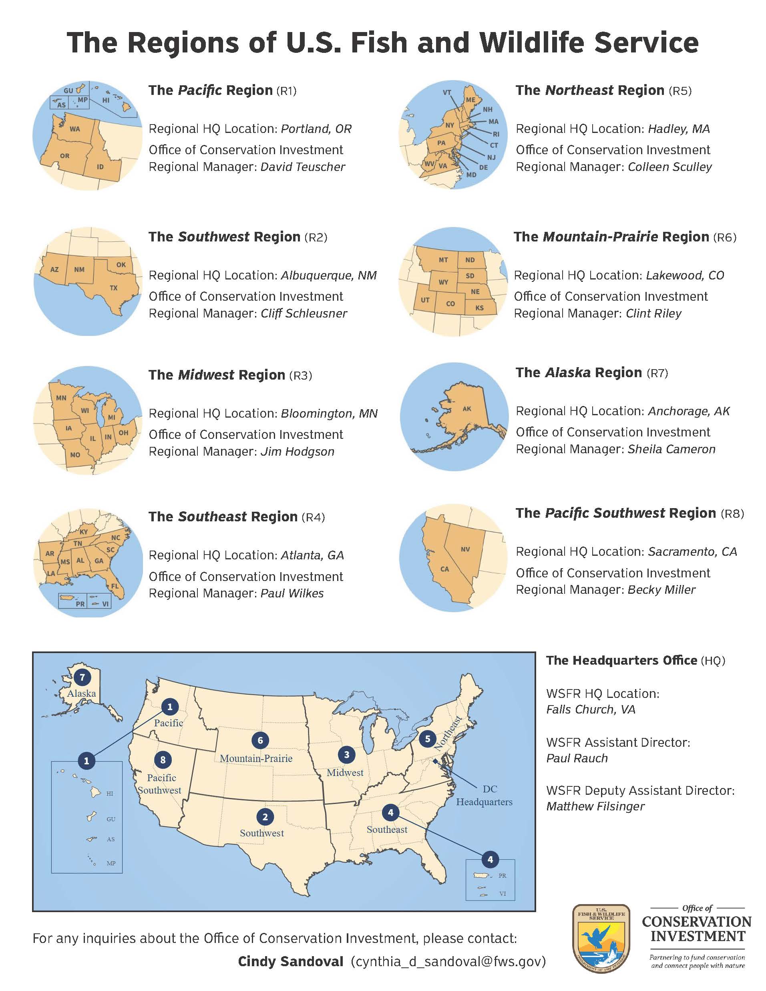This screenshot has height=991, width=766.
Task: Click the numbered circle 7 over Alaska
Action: [x=82, y=677]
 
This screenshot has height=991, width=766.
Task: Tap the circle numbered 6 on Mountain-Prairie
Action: [x=260, y=740]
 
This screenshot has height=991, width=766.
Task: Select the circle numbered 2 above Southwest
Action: [x=265, y=817]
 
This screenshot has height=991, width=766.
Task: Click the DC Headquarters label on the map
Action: [x=484, y=796]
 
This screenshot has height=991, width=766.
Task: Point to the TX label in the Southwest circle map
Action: [x=113, y=287]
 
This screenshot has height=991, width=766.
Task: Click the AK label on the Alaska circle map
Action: [x=467, y=409]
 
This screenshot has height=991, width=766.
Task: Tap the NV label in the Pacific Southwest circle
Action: [x=465, y=549]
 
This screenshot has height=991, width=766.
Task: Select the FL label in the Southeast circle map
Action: [x=115, y=586]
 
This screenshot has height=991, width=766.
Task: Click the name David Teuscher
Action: [x=303, y=167]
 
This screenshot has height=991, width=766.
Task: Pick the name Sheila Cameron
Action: [x=671, y=449]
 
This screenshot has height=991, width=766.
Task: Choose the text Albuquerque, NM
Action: [x=329, y=275]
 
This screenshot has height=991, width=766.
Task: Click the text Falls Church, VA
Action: [x=590, y=710]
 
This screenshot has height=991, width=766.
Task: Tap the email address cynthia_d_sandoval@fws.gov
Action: [x=448, y=961]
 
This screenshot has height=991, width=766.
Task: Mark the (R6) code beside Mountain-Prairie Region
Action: [x=725, y=237]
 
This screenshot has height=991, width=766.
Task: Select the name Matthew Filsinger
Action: [x=595, y=806]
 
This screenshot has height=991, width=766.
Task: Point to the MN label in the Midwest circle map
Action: [x=61, y=398]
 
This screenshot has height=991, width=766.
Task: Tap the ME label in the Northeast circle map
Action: [x=470, y=100]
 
